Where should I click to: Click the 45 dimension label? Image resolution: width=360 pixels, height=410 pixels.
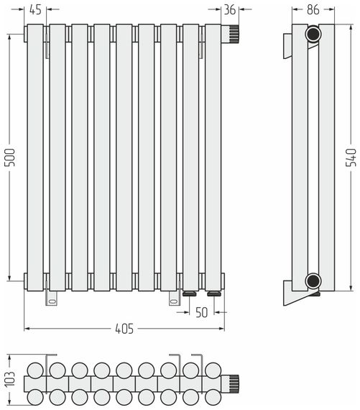(x=35, y=9)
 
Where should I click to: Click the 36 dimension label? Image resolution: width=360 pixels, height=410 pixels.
(x=230, y=9)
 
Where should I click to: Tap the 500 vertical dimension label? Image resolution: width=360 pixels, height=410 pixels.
(x=10, y=157)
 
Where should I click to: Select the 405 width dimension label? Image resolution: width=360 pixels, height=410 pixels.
(x=124, y=329)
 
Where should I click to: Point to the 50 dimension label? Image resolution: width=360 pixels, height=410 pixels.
(x=201, y=312)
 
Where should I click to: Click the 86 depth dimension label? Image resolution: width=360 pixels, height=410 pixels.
(x=313, y=9)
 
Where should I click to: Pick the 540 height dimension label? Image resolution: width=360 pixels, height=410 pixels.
(x=351, y=157)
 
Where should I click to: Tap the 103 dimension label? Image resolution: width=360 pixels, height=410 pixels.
(x=10, y=379)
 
